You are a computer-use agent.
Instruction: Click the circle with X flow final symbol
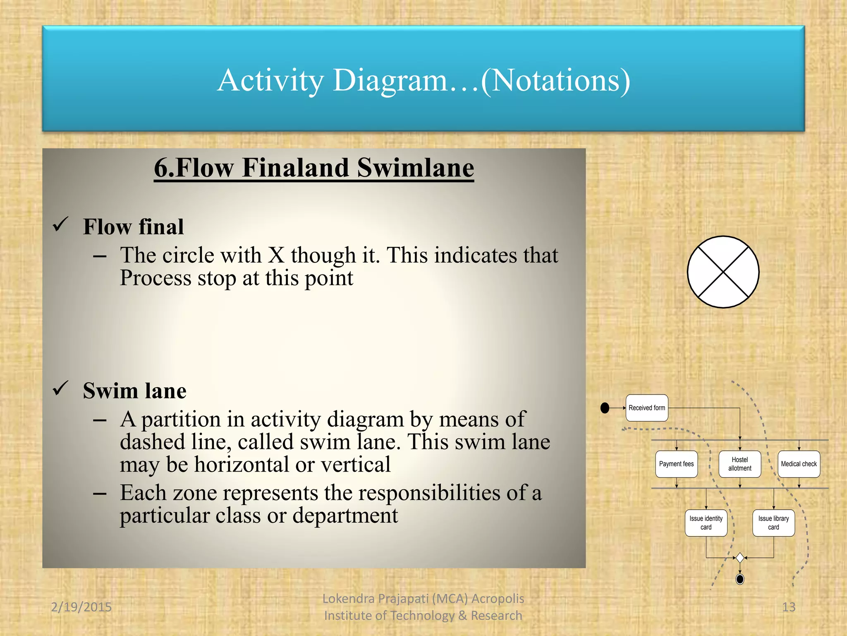[723, 272]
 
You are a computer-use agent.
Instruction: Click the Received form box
[647, 408]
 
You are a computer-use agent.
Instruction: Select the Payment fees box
[676, 464]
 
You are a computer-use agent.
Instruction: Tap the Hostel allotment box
[739, 464]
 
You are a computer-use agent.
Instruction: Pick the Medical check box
[799, 464]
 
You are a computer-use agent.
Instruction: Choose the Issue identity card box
[706, 523]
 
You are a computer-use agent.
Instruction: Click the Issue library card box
[773, 523]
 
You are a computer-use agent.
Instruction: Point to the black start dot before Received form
[605, 408]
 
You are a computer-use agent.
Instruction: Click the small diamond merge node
[740, 558]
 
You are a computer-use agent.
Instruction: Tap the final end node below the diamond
[740, 579]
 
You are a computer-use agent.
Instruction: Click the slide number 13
[789, 607]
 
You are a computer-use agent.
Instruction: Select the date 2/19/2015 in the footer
[81, 607]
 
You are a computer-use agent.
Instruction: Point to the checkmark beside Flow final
[60, 225]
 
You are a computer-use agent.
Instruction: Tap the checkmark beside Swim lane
[60, 389]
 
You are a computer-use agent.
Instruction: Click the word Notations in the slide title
[555, 80]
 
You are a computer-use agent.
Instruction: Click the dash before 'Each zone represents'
[100, 494]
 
